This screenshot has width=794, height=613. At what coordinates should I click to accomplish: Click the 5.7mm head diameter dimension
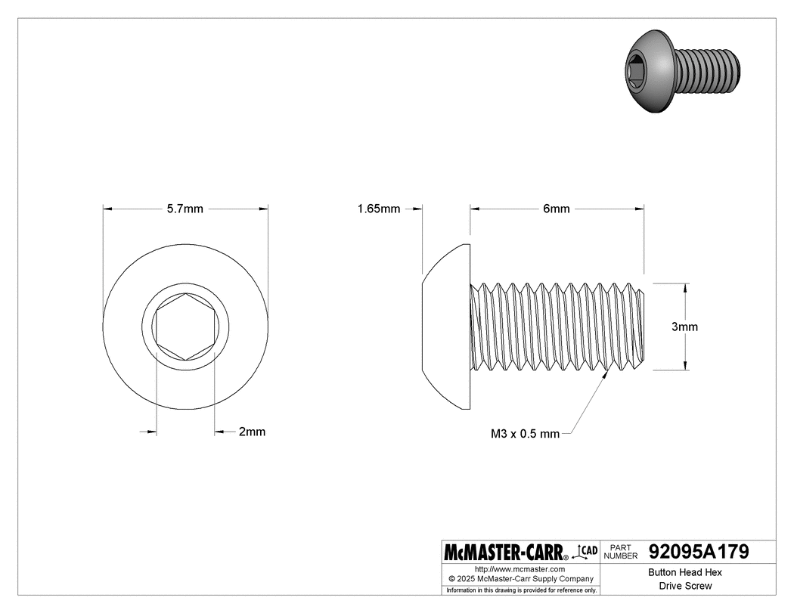pyautogui.click(x=185, y=209)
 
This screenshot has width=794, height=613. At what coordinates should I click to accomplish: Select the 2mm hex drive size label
pyautogui.click(x=252, y=432)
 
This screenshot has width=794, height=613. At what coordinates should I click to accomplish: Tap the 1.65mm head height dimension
pyautogui.click(x=379, y=209)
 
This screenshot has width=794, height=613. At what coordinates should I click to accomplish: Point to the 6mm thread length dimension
pyautogui.click(x=557, y=209)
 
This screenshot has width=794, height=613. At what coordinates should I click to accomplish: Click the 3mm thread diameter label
pyautogui.click(x=685, y=327)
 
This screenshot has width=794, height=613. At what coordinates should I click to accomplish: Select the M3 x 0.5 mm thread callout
pyautogui.click(x=525, y=434)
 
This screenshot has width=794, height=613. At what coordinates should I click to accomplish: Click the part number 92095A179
pyautogui.click(x=699, y=552)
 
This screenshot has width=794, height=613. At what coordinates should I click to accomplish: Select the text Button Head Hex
pyautogui.click(x=685, y=573)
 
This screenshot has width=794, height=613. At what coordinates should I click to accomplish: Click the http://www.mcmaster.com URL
pyautogui.click(x=520, y=568)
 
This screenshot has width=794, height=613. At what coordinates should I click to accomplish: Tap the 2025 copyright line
pyautogui.click(x=520, y=578)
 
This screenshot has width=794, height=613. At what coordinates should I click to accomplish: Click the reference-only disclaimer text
pyautogui.click(x=520, y=590)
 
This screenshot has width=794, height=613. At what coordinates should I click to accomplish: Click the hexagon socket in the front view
pyautogui.click(x=185, y=327)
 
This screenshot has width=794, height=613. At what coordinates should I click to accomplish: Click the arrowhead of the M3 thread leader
pyautogui.click(x=607, y=373)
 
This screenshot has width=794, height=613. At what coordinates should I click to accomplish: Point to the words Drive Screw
pyautogui.click(x=685, y=586)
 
